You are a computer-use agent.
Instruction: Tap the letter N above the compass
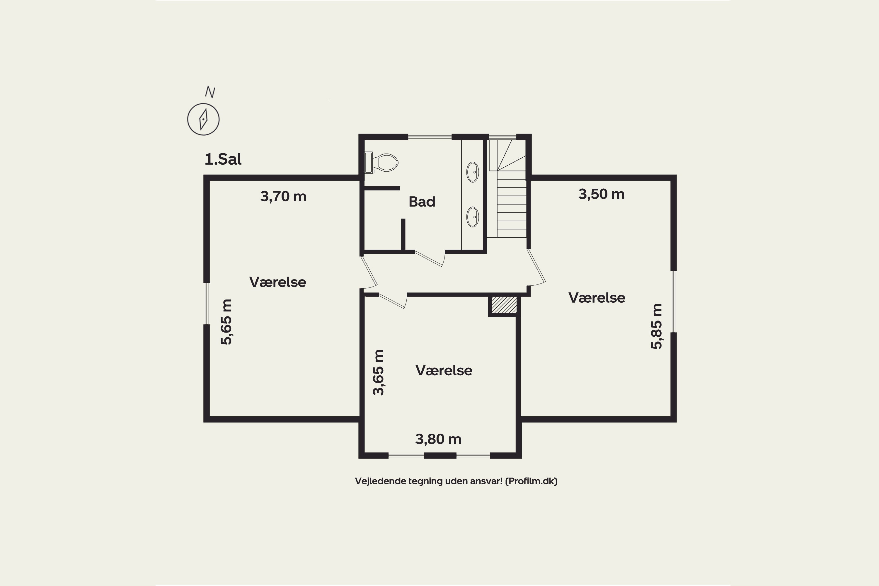210,92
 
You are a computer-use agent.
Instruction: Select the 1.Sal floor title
223,159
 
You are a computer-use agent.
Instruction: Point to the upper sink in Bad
473,172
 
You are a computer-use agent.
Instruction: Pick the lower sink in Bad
473,217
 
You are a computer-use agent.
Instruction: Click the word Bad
422,202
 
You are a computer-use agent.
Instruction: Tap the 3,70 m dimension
283,197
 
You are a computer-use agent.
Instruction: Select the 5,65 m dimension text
226,322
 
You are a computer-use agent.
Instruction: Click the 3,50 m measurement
601,194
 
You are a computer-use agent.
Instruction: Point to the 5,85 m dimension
656,326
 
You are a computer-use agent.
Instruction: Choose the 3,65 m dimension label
378,372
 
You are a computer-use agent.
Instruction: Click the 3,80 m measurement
438,439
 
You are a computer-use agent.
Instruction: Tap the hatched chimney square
504,305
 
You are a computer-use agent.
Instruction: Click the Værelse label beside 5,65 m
278,282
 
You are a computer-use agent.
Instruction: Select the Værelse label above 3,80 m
444,370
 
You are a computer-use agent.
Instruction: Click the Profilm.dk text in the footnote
531,481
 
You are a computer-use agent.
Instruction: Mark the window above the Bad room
430,137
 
